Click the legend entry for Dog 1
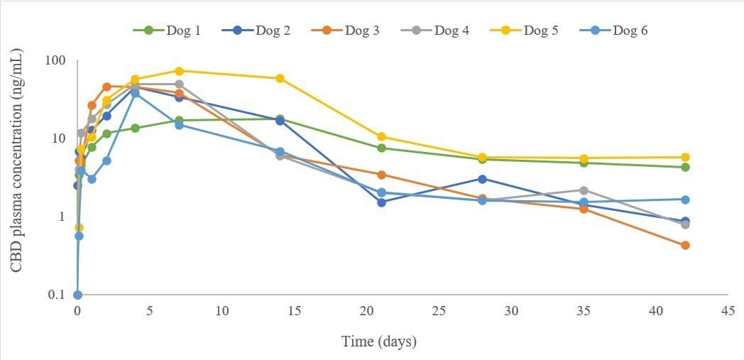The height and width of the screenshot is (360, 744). click(x=166, y=31)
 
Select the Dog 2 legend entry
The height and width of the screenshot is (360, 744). click(x=256, y=31)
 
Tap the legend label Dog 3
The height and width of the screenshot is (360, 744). click(x=345, y=31)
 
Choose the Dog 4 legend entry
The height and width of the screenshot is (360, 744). click(x=434, y=31)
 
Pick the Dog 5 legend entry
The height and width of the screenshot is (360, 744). click(x=524, y=31)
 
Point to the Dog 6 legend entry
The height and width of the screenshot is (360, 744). click(x=613, y=31)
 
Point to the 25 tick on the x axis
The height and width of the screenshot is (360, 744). click(x=439, y=311)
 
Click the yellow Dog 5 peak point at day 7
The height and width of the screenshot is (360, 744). click(x=179, y=71)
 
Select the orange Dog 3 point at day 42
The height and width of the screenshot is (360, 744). click(x=685, y=245)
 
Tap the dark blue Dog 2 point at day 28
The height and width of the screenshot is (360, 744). click(x=483, y=179)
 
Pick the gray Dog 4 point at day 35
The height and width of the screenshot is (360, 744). click(x=584, y=190)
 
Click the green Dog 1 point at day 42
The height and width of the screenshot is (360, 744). click(x=685, y=167)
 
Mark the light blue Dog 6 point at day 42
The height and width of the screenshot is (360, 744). click(x=685, y=200)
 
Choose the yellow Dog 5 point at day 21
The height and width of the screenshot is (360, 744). click(x=381, y=136)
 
